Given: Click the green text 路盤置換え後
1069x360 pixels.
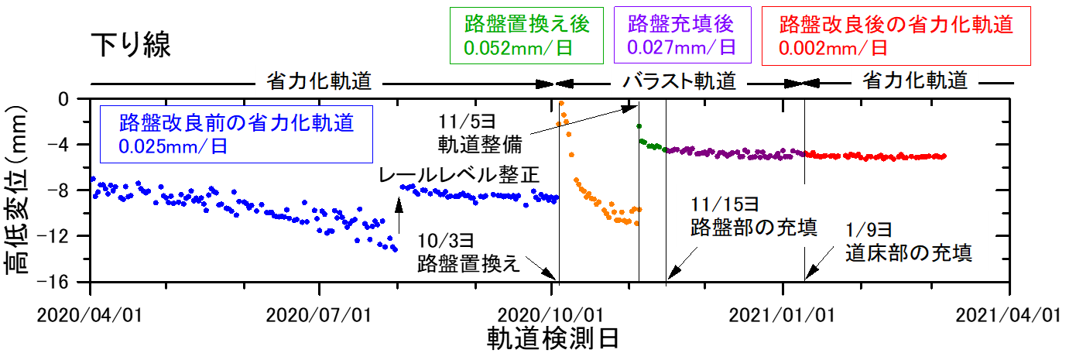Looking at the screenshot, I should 526,24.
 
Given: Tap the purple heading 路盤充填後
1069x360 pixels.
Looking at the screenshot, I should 681,24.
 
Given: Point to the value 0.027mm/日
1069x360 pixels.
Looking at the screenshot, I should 680,46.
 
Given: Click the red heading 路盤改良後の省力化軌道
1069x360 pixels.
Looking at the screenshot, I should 896,24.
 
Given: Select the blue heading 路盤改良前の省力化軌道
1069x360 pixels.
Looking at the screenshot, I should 236,122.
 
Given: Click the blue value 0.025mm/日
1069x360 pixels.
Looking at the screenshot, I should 173,146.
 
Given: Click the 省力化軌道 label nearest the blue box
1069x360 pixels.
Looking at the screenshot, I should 319,81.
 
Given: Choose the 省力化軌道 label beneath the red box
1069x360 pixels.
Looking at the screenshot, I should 915,81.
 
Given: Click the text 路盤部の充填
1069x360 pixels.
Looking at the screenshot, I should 753,228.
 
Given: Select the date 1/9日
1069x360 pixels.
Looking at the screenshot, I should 869,229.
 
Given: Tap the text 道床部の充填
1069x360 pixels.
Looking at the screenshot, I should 908,253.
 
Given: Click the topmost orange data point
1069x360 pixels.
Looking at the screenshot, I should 561,103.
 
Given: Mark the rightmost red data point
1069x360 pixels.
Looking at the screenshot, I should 945,156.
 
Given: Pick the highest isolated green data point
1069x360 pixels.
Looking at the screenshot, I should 639,125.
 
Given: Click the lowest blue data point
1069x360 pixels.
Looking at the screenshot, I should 396,249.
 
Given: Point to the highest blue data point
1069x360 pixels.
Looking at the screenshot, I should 93,178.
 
